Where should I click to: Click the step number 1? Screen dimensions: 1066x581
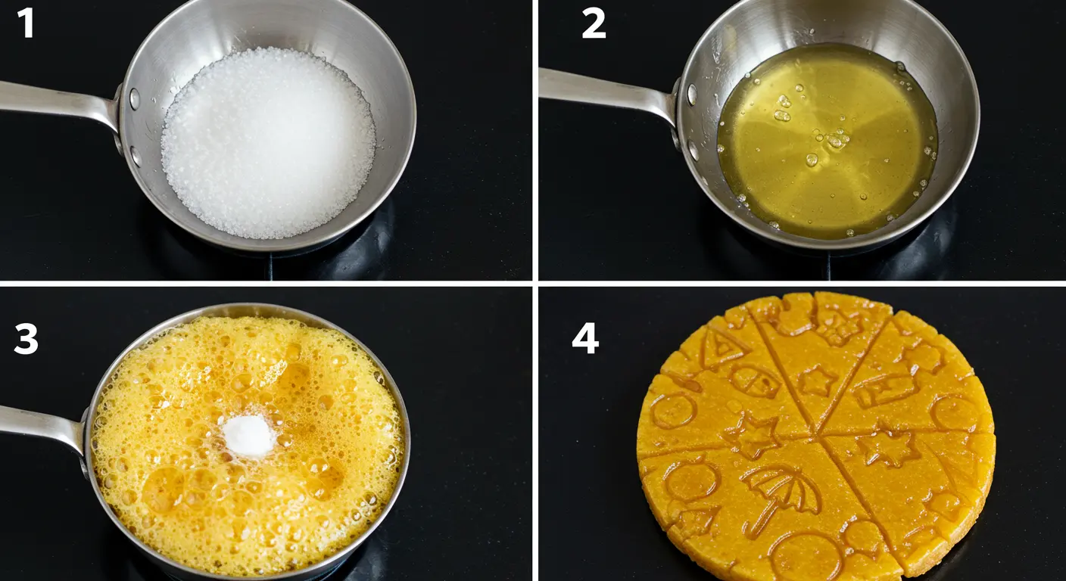pyautogui.click(x=26, y=22)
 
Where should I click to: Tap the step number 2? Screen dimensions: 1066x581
pyautogui.click(x=594, y=23)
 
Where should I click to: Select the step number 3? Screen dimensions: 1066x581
pyautogui.click(x=26, y=338)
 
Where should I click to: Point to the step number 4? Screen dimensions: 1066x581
pyautogui.click(x=585, y=338)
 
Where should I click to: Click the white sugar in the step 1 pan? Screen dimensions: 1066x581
pyautogui.click(x=269, y=143)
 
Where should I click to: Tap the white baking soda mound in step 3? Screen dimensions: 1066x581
pyautogui.click(x=248, y=435)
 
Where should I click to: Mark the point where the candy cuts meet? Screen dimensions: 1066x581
pyautogui.click(x=818, y=432)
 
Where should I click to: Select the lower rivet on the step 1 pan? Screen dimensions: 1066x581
pyautogui.click(x=136, y=157)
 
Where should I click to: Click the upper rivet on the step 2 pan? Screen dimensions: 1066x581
pyautogui.click(x=691, y=94)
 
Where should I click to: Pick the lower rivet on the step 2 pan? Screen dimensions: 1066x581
pyautogui.click(x=694, y=151)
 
